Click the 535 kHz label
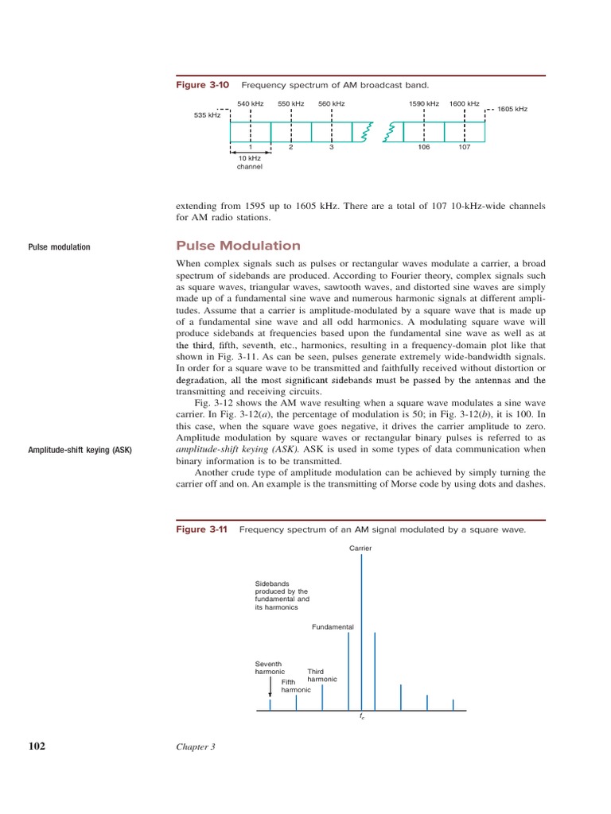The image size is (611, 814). (207, 115)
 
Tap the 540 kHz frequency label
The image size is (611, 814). (251, 104)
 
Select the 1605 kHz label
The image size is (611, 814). (512, 109)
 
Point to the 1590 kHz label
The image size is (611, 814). (423, 104)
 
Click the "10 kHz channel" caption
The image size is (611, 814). (250, 163)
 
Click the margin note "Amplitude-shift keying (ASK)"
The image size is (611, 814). (80, 451)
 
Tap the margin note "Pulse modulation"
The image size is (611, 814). (60, 247)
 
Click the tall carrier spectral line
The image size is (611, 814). (362, 628)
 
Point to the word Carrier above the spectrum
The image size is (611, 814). (360, 548)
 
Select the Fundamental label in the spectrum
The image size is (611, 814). (333, 627)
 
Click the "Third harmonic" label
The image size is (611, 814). (321, 676)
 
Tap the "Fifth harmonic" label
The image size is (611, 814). (295, 686)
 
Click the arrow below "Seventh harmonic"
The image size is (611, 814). (270, 686)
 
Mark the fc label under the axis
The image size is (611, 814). (362, 717)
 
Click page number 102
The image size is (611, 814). (35, 746)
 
